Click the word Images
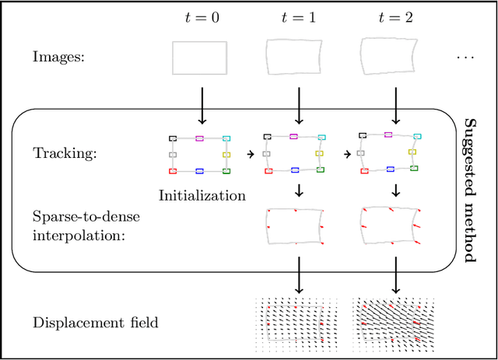pos(58,57)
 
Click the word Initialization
pos(202,195)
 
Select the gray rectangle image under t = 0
pos(200,58)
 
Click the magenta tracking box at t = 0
pos(200,138)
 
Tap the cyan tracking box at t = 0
pos(226,138)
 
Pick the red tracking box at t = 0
pos(173,170)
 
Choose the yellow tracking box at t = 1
pos(320,153)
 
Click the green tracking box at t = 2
pos(414,167)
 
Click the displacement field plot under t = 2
pos(394,323)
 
